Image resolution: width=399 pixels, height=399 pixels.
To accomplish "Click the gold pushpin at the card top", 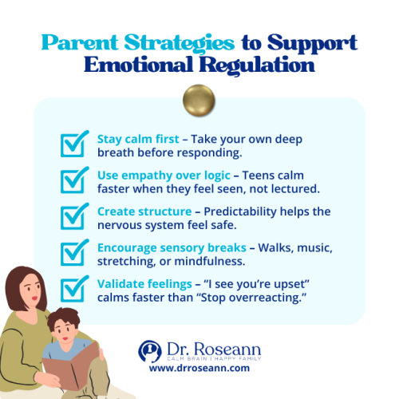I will [199, 101].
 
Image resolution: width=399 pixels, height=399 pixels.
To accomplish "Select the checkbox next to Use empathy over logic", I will [74, 181].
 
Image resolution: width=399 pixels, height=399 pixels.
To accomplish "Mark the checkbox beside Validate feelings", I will [74, 289].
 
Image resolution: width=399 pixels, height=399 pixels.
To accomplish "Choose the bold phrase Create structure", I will [136, 211].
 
